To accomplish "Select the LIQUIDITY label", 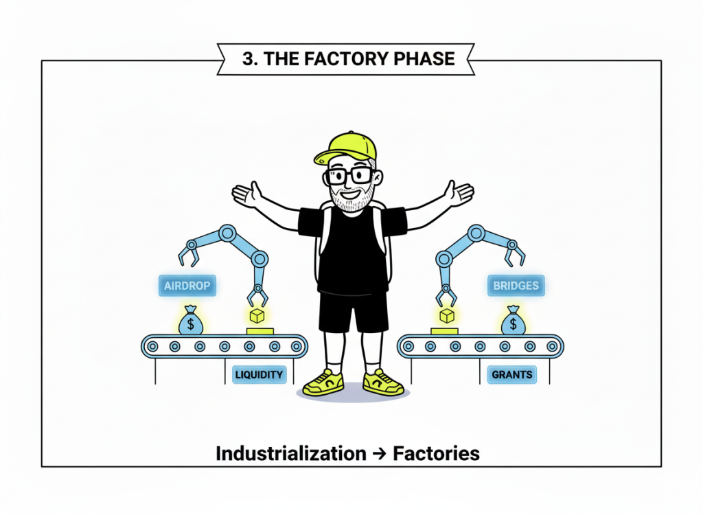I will [x=259, y=375].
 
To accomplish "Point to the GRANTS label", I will [x=511, y=375].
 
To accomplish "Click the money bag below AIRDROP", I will [x=191, y=321].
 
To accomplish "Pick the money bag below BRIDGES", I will [x=512, y=321].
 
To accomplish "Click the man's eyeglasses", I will [x=350, y=175].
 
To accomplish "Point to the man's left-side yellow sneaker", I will [x=323, y=382].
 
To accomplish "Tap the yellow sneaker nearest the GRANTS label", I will [x=382, y=382].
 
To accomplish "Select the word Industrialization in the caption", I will [x=290, y=453].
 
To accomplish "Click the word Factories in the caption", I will [x=436, y=453].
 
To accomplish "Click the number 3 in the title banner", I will [x=248, y=59].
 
